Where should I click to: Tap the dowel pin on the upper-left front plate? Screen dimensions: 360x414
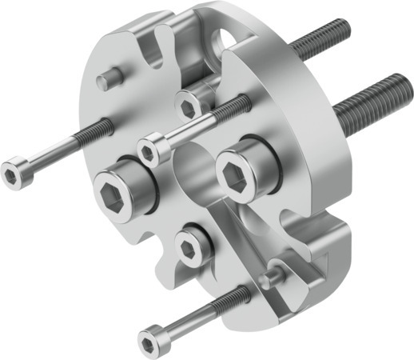(109, 78)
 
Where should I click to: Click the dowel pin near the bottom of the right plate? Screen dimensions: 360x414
(273, 274)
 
